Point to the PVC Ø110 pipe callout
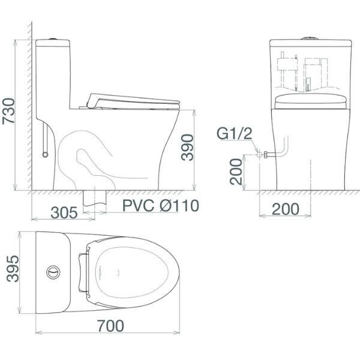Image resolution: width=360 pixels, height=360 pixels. (160, 206)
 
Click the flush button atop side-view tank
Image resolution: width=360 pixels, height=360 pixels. (53, 39)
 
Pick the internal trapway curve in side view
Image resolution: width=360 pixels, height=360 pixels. (90, 156)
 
